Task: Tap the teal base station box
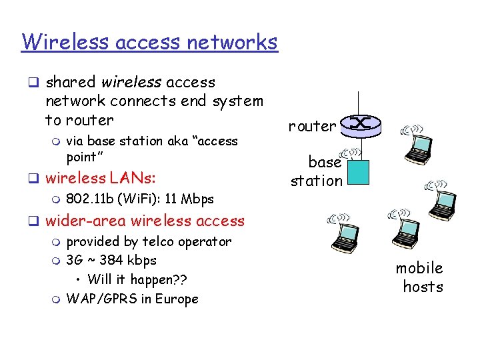[x=358, y=172]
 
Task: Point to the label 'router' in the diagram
[x=312, y=126]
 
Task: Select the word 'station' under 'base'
[x=316, y=181]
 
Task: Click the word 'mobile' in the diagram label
[x=419, y=268]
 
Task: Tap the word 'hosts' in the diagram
[x=423, y=287]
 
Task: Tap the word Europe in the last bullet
[x=177, y=299]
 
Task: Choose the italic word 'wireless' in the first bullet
[x=131, y=83]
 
